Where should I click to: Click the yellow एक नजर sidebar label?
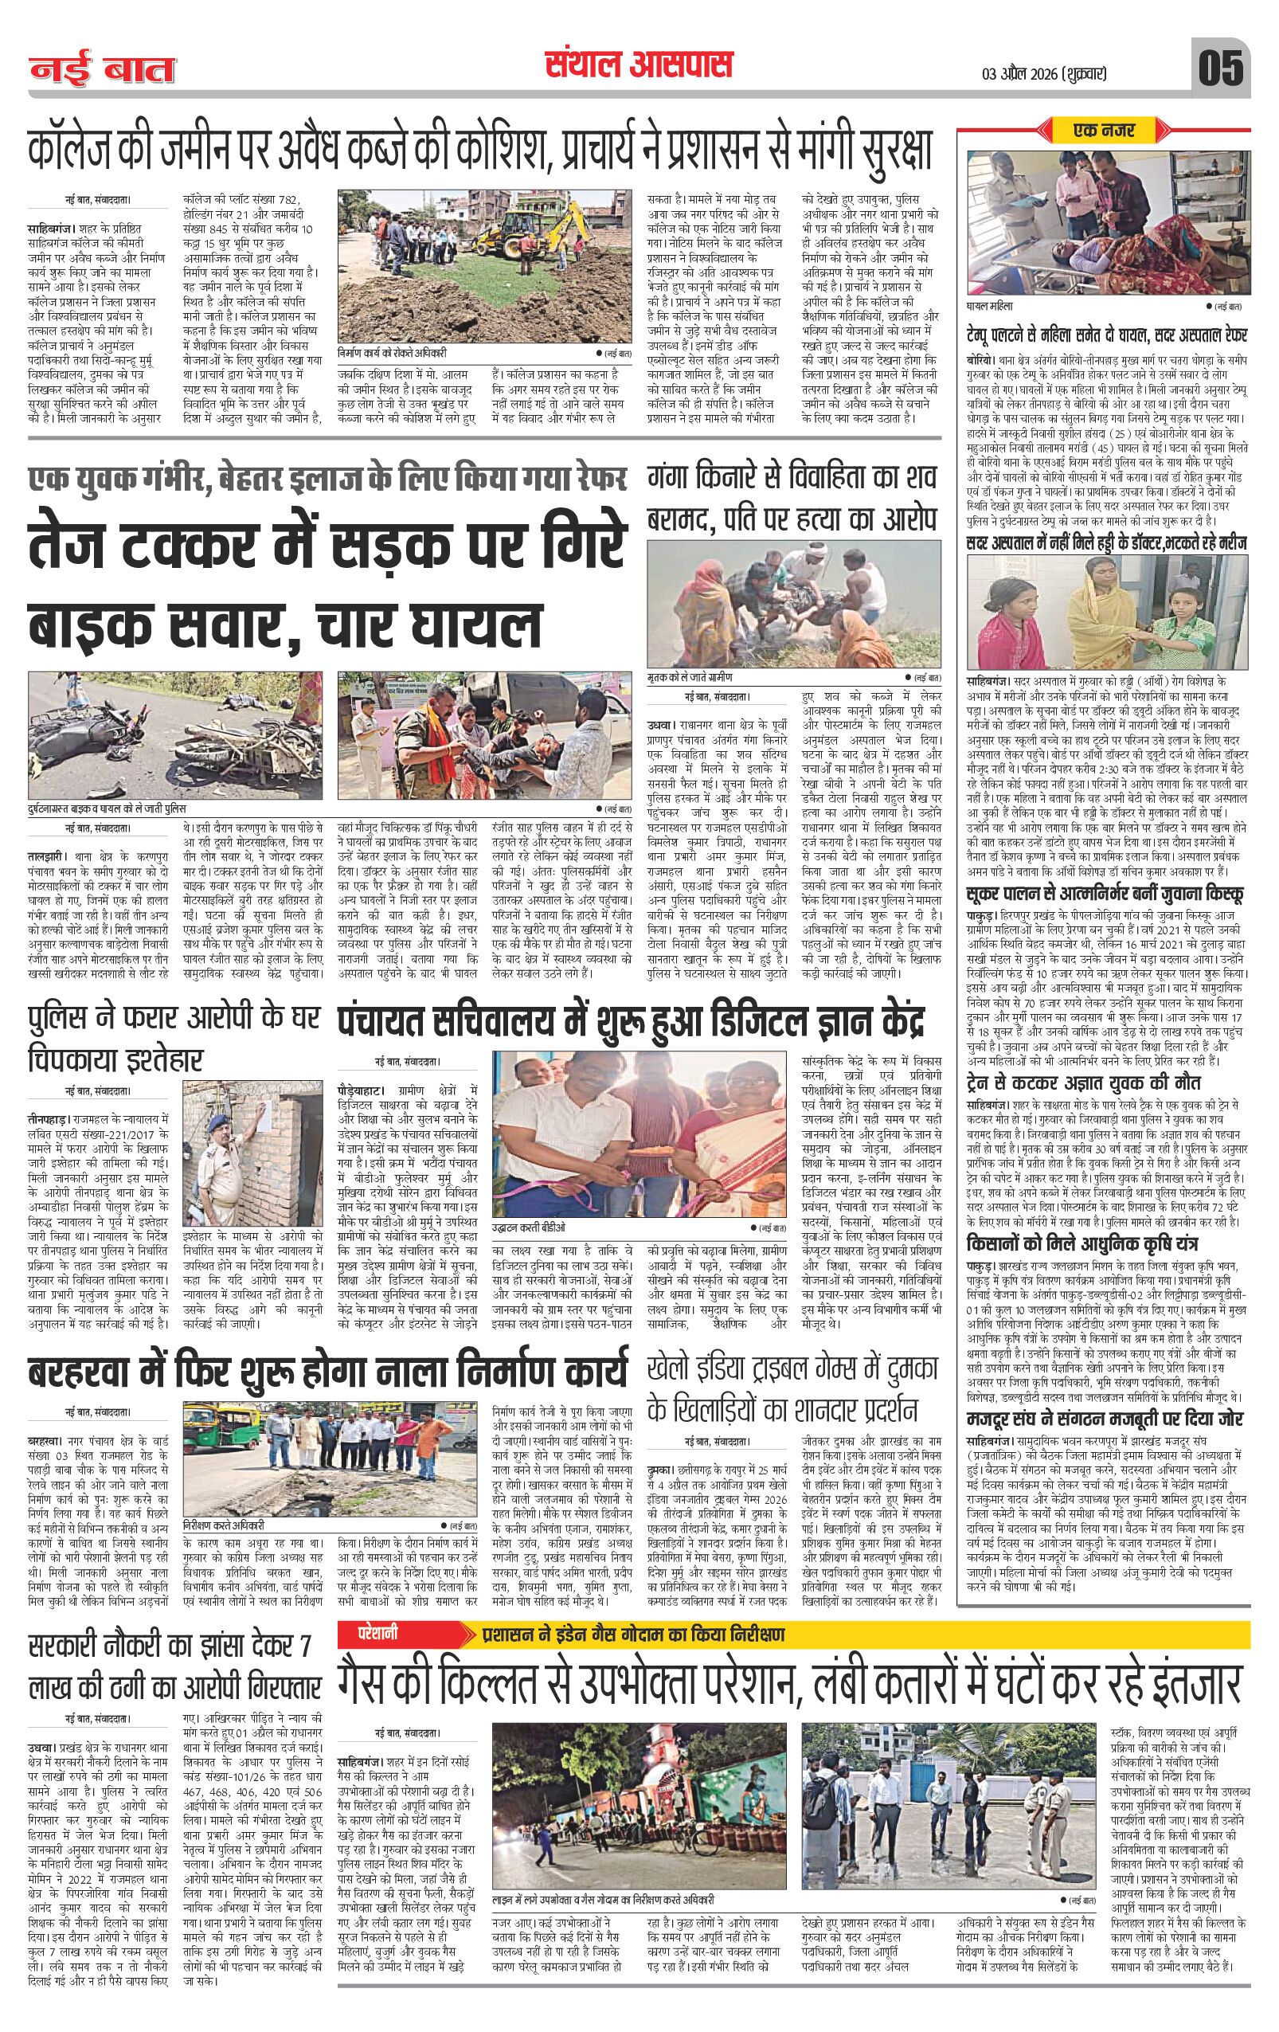(x=1105, y=130)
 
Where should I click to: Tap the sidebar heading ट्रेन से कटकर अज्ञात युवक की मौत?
(x=1083, y=1083)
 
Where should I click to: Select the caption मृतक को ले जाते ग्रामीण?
(x=691, y=677)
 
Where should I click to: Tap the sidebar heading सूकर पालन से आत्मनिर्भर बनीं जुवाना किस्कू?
(x=1105, y=895)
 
